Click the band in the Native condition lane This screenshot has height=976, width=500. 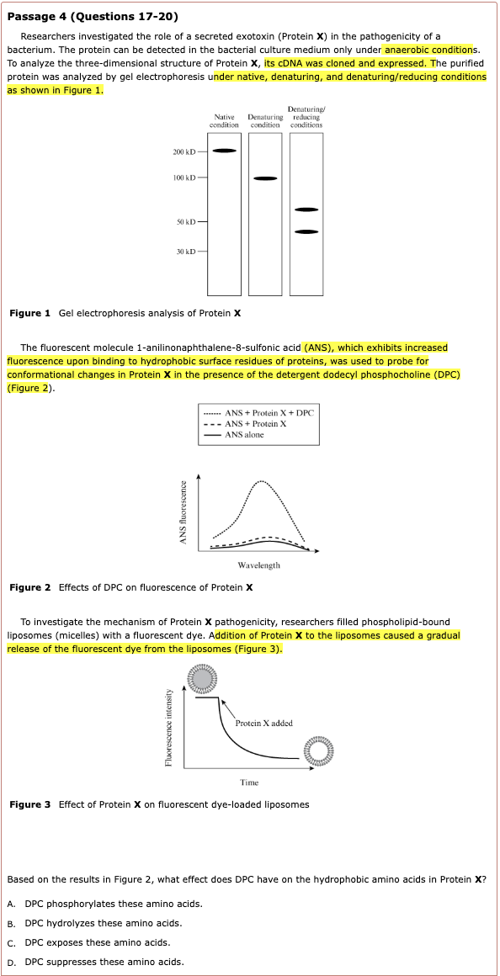224,151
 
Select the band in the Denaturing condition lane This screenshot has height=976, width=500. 265,178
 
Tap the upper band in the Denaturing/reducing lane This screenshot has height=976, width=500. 306,210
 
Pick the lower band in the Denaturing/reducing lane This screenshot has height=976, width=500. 306,232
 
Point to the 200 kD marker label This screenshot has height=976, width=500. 184,152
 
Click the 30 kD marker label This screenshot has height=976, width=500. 185,252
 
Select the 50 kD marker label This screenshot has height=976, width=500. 185,221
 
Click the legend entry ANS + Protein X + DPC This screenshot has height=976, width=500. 259,412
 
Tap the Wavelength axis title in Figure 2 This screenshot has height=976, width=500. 259,565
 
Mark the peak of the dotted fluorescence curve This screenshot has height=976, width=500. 262,481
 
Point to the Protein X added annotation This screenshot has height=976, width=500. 264,724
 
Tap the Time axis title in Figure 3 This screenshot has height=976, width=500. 249,782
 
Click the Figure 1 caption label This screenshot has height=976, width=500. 30,313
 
